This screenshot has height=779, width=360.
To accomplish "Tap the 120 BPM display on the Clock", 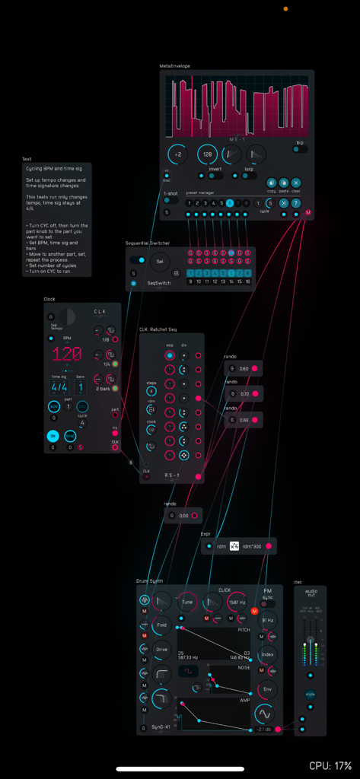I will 66,354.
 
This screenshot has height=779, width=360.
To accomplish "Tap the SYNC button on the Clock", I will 70,436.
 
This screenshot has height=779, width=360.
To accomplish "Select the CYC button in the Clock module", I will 82,407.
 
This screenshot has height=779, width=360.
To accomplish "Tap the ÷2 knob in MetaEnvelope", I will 177,154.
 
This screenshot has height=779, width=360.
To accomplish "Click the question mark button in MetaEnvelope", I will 295,203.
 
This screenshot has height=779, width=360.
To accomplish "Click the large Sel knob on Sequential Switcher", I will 158,261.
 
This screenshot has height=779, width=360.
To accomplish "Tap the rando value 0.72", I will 244,394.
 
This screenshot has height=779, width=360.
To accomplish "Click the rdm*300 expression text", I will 252,546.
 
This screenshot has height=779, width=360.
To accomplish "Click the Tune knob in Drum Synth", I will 188,602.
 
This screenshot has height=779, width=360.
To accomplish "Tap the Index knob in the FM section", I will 267,654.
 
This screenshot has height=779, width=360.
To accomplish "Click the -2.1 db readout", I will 263,730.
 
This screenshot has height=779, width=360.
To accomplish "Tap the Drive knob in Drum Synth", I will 161,650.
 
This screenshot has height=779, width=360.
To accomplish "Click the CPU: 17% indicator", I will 330,765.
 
